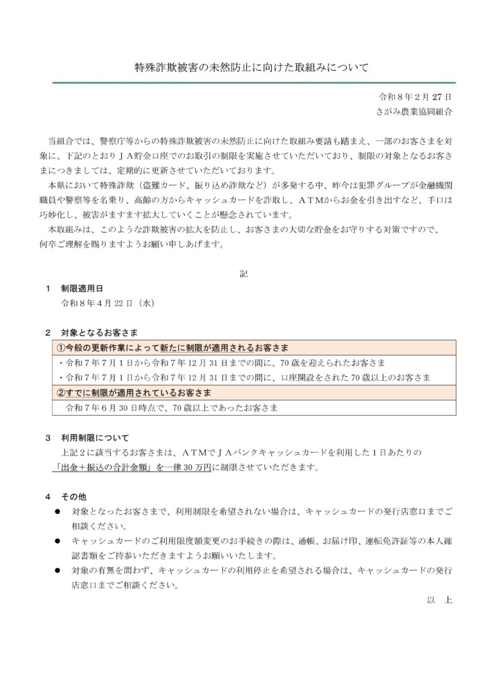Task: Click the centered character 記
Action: point(243,274)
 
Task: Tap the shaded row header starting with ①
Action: point(173,348)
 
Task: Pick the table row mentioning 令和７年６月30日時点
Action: point(172,407)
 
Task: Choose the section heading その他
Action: point(74,497)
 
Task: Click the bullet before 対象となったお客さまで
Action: point(59,512)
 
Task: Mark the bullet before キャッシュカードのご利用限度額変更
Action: point(59,542)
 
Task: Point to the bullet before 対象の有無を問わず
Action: point(59,571)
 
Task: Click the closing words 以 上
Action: point(439,600)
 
